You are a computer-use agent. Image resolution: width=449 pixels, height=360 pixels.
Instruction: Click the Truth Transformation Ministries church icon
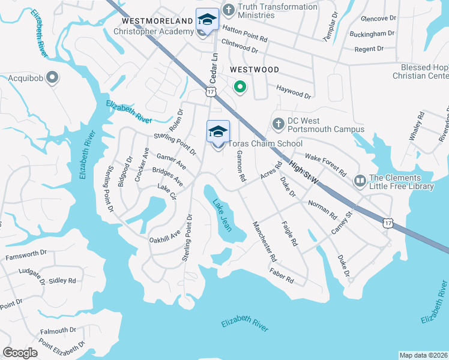pos(229,10)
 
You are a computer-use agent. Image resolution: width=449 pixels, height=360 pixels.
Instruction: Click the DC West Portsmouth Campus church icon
pos(278,123)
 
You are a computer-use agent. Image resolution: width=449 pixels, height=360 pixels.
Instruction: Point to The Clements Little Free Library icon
pos(360,180)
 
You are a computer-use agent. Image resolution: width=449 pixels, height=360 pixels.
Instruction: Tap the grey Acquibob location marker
pos(52,77)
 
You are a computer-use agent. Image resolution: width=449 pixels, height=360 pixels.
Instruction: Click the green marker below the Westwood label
pos(240,88)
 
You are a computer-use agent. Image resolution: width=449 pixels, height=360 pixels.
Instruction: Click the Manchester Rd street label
pos(265,242)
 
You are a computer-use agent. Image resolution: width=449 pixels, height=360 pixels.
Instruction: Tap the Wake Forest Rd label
pos(326,165)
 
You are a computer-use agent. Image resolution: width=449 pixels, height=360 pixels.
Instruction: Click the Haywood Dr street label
pos(294,92)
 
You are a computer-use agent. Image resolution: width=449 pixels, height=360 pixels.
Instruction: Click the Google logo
pos(20,353)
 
